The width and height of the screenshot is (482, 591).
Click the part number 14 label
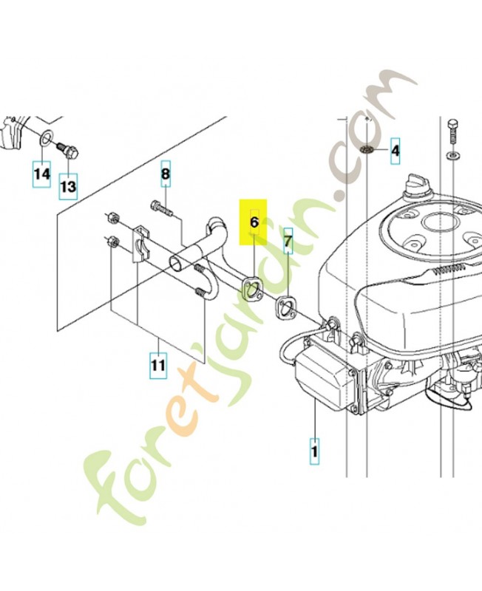point(42,174)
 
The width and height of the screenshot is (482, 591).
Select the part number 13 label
point(68,186)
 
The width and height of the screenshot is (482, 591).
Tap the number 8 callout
point(166,174)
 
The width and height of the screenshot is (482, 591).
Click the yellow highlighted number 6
point(254,222)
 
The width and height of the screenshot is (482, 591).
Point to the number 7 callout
point(288,241)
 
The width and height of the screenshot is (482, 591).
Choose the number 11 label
point(158,365)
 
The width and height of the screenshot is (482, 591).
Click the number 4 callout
point(395,151)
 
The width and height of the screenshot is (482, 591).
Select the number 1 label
point(314,451)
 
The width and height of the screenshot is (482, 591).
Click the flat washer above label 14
point(44,138)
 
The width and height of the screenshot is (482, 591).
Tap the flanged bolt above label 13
point(68,151)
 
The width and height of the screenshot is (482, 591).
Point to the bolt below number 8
point(162,209)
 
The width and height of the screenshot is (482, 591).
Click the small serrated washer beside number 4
point(367,150)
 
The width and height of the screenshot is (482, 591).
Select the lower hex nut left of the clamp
point(112,242)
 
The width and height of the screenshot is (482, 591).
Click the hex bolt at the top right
point(452,134)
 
